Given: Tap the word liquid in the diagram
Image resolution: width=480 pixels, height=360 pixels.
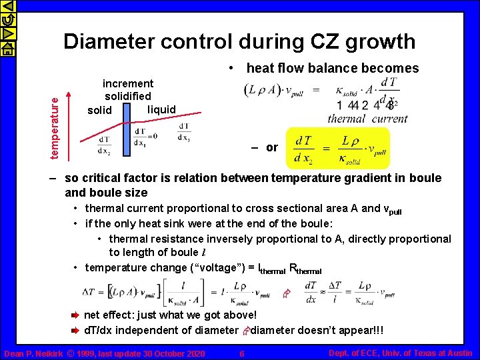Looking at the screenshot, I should pyautogui.click(x=161, y=109).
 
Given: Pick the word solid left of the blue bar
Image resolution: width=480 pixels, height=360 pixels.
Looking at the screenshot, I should pyautogui.click(x=101, y=110).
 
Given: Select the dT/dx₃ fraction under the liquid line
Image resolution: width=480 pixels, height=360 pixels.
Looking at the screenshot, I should pyautogui.click(x=184, y=133).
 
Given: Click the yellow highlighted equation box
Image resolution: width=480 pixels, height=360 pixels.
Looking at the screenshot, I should pyautogui.click(x=337, y=149).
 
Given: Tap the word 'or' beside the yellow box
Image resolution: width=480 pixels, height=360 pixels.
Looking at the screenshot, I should pyautogui.click(x=272, y=147).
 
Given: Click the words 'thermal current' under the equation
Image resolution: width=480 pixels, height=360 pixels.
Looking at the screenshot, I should pyautogui.click(x=367, y=119).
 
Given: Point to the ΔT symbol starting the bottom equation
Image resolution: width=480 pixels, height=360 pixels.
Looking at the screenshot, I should pyautogui.click(x=89, y=292).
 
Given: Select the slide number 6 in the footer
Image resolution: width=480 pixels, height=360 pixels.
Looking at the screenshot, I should pyautogui.click(x=242, y=353).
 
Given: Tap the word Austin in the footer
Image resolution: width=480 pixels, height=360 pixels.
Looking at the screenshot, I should pyautogui.click(x=459, y=353).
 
